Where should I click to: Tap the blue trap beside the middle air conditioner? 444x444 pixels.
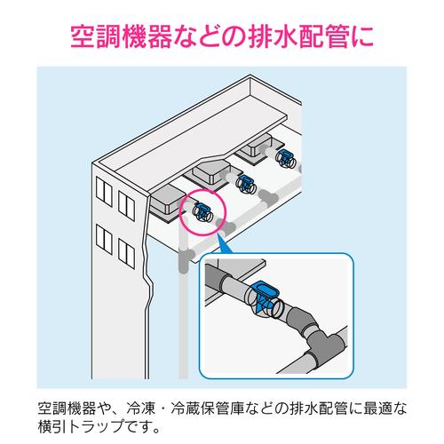243,186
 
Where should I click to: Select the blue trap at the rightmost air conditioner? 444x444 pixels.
284,160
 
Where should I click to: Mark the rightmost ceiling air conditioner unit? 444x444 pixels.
258,147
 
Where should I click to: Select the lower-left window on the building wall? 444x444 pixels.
101,241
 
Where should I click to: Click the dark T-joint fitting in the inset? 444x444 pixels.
313,333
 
